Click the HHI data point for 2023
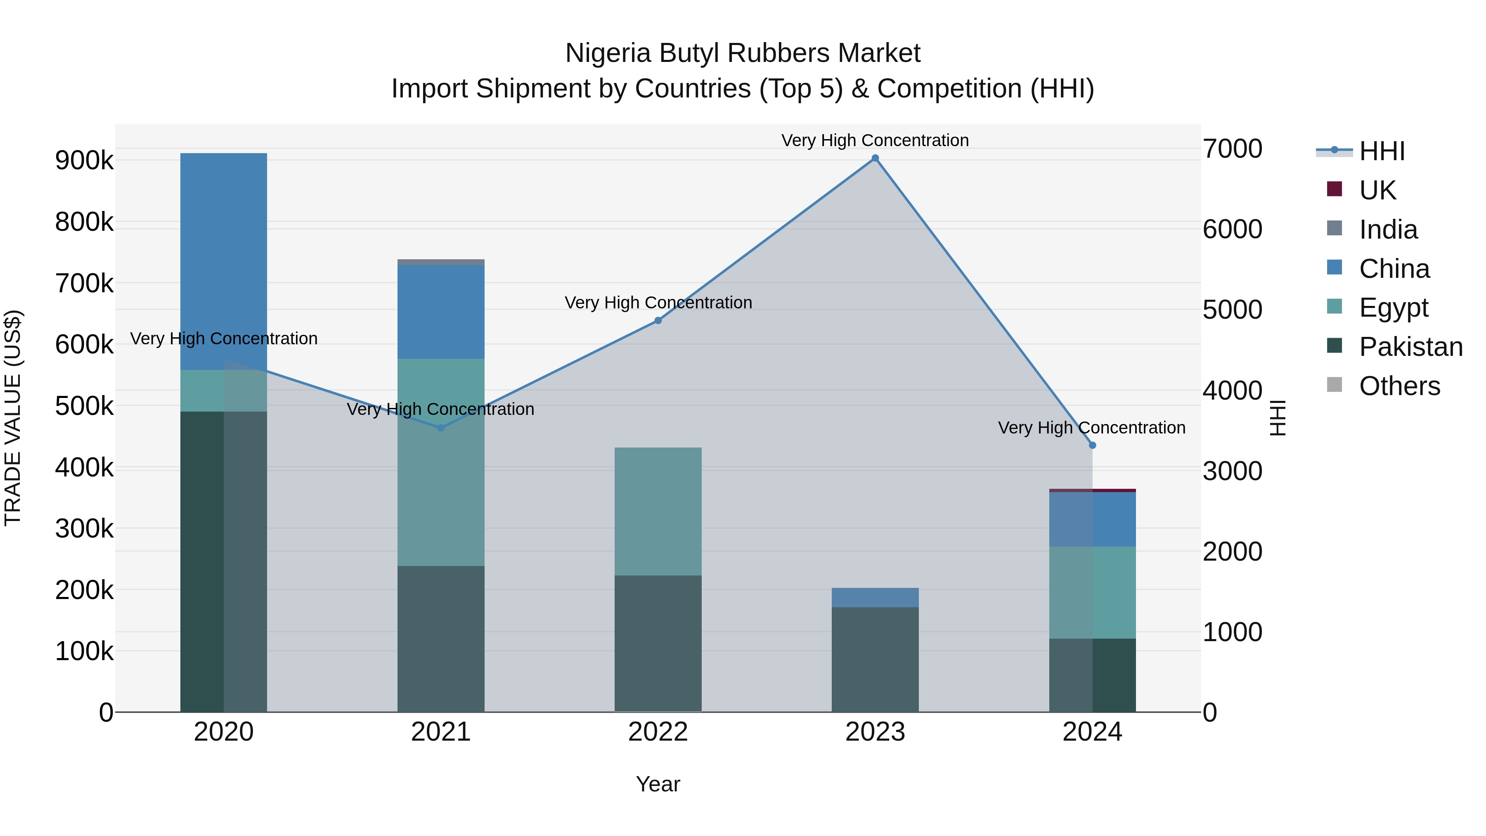tap(875, 158)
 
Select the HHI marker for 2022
tap(658, 320)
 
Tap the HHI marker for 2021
tap(441, 428)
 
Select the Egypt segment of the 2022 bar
tap(658, 511)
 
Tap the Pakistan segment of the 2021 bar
tap(441, 639)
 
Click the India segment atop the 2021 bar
tap(441, 262)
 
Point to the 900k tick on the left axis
tap(84, 161)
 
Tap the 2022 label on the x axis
tap(658, 732)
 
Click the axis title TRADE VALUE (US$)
tap(13, 418)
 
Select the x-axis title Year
tap(658, 784)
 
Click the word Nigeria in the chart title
tap(608, 53)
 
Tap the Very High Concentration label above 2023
tap(875, 140)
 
